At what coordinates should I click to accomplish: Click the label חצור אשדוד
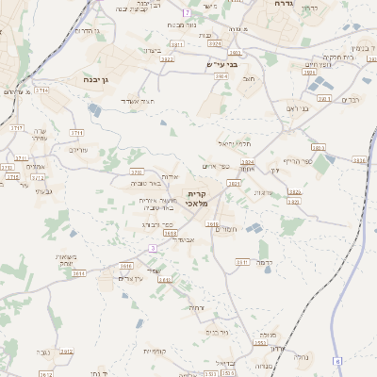(149, 100)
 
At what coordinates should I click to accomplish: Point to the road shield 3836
(358, 161)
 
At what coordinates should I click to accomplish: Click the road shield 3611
(80, 273)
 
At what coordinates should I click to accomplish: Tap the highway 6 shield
(336, 361)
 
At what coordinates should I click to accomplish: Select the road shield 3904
(247, 163)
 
